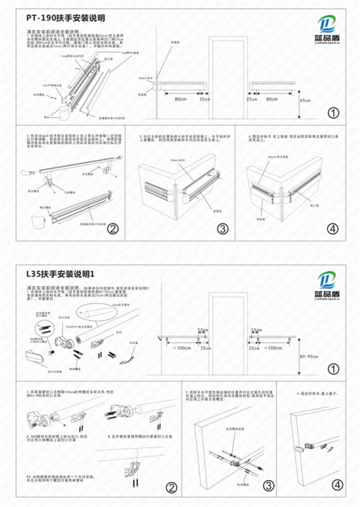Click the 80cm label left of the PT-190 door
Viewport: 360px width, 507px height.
181,99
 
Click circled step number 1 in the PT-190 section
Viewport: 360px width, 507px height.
333,113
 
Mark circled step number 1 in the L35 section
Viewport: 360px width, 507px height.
333,369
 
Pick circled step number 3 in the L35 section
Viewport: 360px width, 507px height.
269,487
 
